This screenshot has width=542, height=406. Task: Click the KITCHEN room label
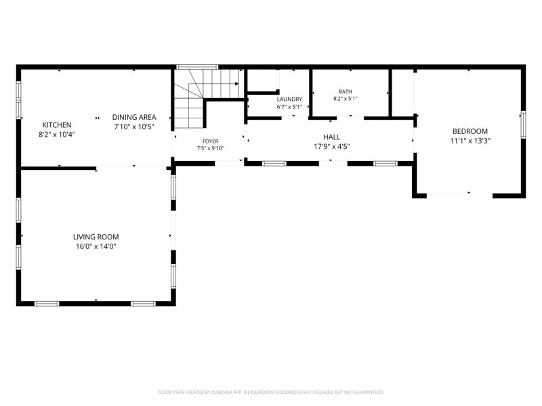pyautogui.click(x=57, y=125)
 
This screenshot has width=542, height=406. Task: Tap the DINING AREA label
pyautogui.click(x=134, y=117)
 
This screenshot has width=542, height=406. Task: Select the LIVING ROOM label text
pyautogui.click(x=96, y=237)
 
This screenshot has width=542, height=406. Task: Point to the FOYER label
pyautogui.click(x=210, y=141)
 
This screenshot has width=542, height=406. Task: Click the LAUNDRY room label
pyautogui.click(x=289, y=99)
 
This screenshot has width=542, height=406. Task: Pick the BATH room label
pyautogui.click(x=346, y=91)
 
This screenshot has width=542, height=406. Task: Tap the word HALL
pyautogui.click(x=332, y=137)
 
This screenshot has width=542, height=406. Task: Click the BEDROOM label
pyautogui.click(x=470, y=131)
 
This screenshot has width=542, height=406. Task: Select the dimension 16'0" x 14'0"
pyautogui.click(x=96, y=246)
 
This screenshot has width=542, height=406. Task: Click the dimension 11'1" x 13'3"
pyautogui.click(x=470, y=141)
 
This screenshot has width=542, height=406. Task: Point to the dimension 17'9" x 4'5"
pyautogui.click(x=332, y=147)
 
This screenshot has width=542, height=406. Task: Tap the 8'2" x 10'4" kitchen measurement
pyautogui.click(x=57, y=134)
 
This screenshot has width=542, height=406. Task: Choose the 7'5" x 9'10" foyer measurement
pyautogui.click(x=210, y=148)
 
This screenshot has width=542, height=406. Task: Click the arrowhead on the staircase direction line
pyautogui.click(x=236, y=83)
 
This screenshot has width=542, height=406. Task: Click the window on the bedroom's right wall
pyautogui.click(x=523, y=125)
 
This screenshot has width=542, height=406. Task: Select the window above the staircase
pyautogui.click(x=197, y=66)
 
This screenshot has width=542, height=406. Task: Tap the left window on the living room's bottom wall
pyautogui.click(x=47, y=304)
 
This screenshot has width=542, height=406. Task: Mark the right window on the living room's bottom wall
pyautogui.click(x=143, y=304)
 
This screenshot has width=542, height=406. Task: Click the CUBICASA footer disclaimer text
pyautogui.click(x=270, y=392)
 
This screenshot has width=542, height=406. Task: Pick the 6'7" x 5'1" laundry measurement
pyautogui.click(x=289, y=107)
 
